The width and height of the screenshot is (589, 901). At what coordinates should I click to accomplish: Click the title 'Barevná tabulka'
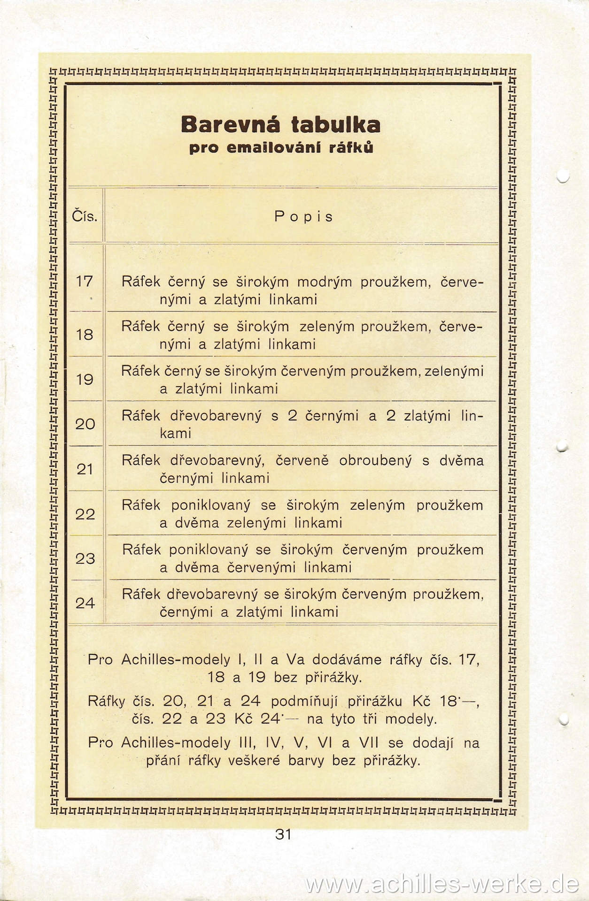pyautogui.click(x=280, y=125)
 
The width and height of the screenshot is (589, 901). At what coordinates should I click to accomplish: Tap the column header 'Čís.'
pyautogui.click(x=85, y=217)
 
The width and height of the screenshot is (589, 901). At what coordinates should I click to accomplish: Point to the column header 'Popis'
pyautogui.click(x=303, y=217)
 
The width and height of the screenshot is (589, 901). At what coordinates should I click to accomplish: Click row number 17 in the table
pyautogui.click(x=85, y=282)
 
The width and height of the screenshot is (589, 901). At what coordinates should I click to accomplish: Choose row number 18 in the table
pyautogui.click(x=85, y=335)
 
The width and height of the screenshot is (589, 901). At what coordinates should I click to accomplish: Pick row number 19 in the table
pyautogui.click(x=85, y=380)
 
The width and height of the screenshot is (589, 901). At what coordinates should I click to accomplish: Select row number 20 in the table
pyautogui.click(x=85, y=424)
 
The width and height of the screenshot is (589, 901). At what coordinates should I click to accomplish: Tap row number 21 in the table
pyautogui.click(x=85, y=469)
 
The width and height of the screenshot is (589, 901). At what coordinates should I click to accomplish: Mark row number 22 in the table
pyautogui.click(x=85, y=514)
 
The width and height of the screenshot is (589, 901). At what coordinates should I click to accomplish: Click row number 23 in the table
pyautogui.click(x=85, y=559)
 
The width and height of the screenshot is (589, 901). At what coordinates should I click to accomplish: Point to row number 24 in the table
pyautogui.click(x=85, y=603)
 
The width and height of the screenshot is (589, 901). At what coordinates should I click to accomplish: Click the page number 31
pyautogui.click(x=284, y=834)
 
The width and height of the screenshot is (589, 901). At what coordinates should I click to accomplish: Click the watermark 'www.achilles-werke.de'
pyautogui.click(x=442, y=884)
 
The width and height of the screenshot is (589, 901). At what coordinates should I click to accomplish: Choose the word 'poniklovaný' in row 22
pyautogui.click(x=210, y=505)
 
